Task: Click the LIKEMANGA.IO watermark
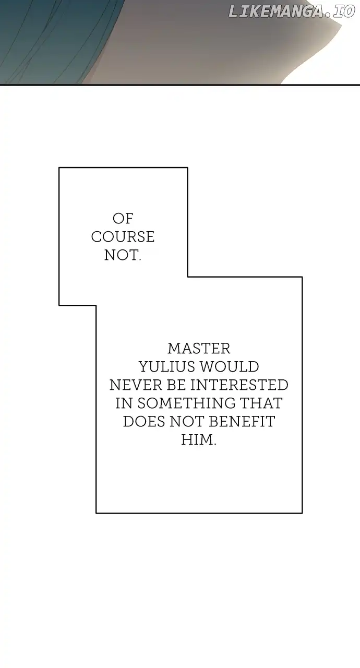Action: (292, 11)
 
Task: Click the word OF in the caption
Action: (123, 219)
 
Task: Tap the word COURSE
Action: (123, 237)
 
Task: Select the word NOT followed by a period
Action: (123, 255)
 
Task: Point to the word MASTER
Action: (199, 349)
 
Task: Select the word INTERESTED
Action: (239, 385)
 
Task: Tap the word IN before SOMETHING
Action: (124, 403)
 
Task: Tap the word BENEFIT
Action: (242, 422)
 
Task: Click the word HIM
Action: (199, 440)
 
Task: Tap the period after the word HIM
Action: (214, 444)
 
